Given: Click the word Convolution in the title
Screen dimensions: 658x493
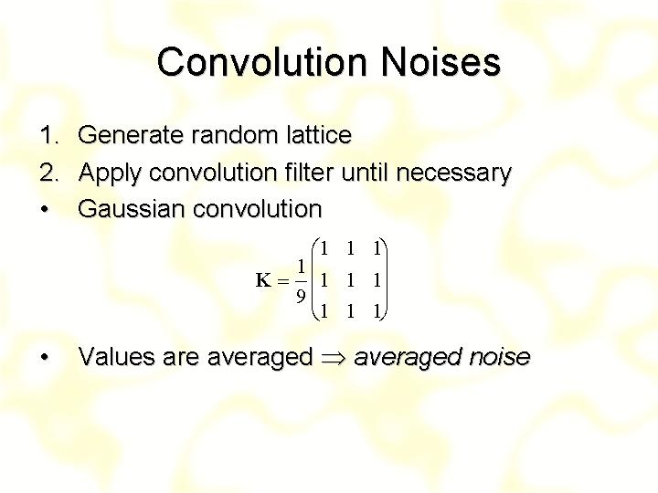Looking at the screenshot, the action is [262, 62].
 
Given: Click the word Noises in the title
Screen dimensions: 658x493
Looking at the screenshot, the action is [440, 62].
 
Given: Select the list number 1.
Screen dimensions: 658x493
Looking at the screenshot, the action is [49, 135].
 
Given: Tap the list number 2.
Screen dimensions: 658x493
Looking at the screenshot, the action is [48, 173].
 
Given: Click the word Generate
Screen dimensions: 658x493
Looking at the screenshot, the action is [132, 135].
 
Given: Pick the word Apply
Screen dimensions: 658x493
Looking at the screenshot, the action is [110, 173].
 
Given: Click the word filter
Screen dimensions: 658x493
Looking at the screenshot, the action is [310, 172].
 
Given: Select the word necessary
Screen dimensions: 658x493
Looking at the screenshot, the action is [454, 173].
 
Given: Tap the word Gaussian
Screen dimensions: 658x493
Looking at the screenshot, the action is [132, 209].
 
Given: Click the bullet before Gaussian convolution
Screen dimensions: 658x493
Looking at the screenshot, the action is [45, 209].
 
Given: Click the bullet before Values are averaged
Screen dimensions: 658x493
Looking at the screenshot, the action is [45, 357].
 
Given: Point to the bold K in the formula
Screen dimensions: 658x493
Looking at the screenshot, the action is [263, 280].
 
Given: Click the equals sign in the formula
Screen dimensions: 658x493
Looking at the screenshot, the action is [283, 281].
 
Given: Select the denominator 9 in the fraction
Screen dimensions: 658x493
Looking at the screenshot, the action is [301, 296].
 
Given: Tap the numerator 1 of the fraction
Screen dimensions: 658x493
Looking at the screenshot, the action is [301, 267].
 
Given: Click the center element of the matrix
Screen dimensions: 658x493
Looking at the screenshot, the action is [350, 280].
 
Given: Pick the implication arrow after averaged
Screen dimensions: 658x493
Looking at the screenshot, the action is [334, 358].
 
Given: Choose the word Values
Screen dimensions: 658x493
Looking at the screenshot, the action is [117, 357].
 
